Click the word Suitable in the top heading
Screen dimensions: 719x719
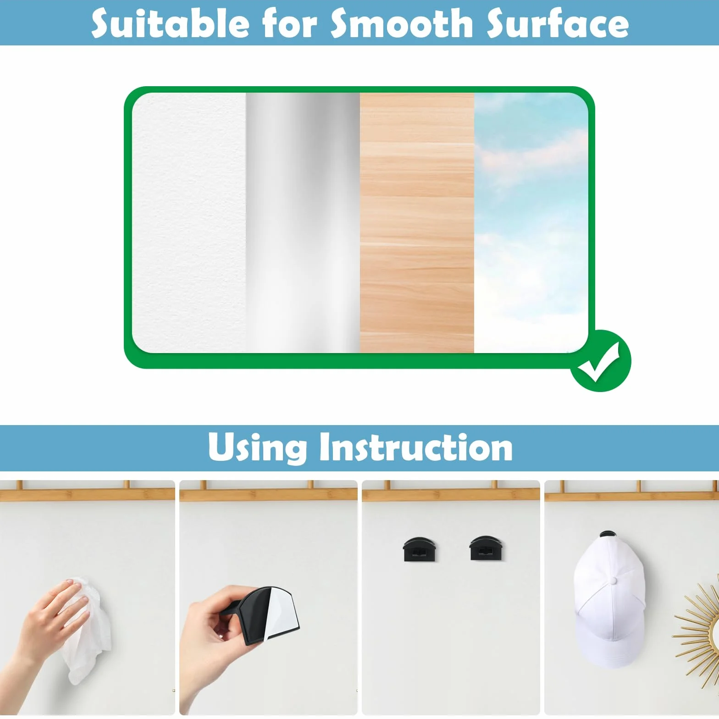(170, 24)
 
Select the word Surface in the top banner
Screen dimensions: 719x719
(557, 24)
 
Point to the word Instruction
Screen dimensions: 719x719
(416, 447)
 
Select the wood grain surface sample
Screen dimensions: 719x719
(417, 223)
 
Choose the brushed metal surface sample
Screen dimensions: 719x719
(303, 223)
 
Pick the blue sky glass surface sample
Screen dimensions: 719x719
(531, 223)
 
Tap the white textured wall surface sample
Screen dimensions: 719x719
(189, 223)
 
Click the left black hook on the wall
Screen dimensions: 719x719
(420, 549)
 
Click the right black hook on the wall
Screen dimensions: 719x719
(487, 548)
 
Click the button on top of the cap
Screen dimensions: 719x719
(614, 581)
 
